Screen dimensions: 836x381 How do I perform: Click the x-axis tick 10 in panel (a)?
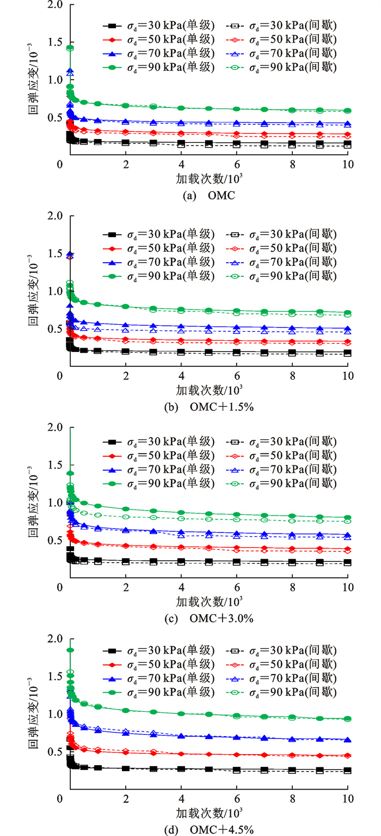347,164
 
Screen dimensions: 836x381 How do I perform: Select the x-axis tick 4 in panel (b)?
181,375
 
